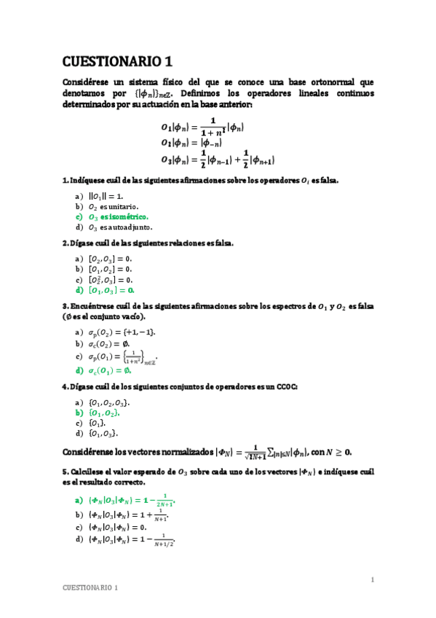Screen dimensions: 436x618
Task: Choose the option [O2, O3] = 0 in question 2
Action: click(110, 259)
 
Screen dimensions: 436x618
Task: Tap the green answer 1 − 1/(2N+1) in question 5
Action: click(132, 501)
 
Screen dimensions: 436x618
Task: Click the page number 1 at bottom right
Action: click(372, 579)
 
